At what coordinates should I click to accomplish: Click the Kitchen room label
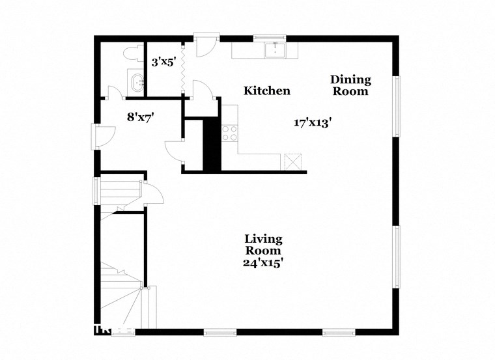click(267, 91)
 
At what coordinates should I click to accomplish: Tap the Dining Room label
click(350, 85)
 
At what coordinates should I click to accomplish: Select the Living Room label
click(263, 244)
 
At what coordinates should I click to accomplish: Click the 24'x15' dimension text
click(263, 263)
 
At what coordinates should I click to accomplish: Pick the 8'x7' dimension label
click(140, 117)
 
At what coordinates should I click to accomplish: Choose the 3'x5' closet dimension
click(163, 62)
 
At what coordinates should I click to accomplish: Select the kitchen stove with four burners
click(230, 133)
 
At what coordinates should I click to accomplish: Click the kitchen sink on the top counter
click(276, 49)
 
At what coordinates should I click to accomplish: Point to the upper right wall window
click(395, 107)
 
